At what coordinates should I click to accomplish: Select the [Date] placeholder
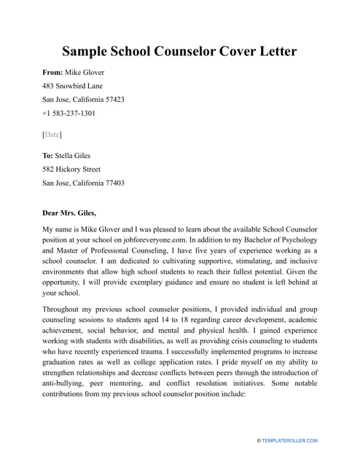pyautogui.click(x=52, y=135)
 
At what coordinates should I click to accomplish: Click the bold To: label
pyautogui.click(x=48, y=156)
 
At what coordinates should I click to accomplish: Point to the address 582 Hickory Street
pyautogui.click(x=71, y=170)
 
